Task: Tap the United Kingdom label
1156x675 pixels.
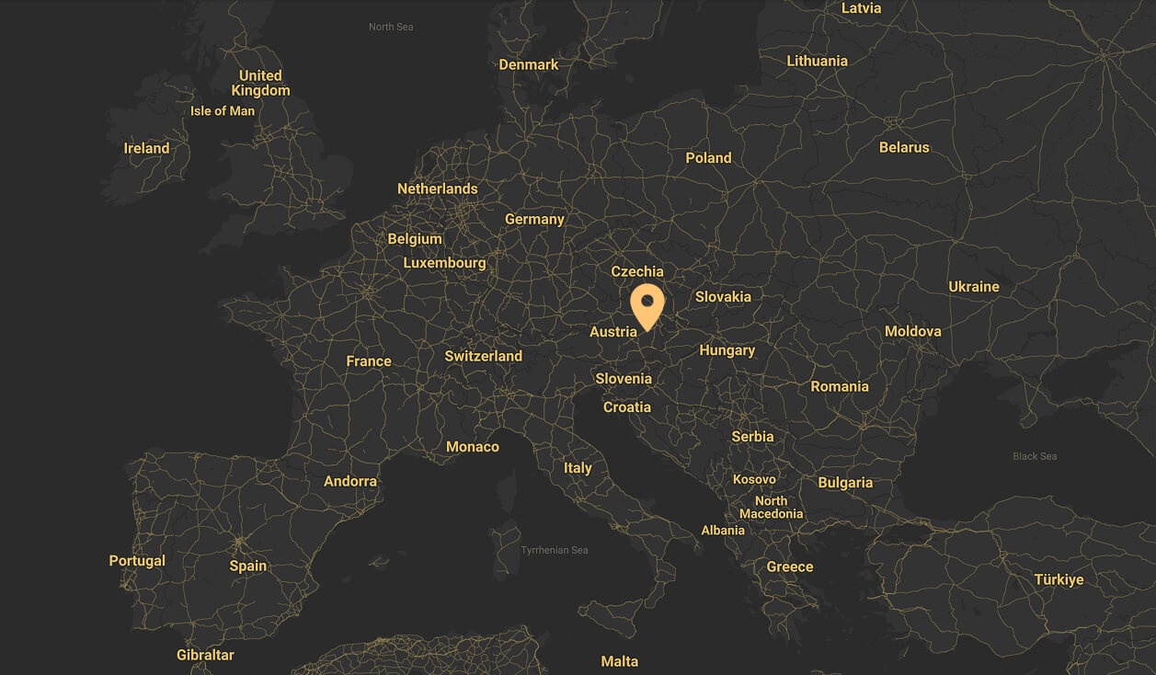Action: point(260,83)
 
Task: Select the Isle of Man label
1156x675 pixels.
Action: point(223,111)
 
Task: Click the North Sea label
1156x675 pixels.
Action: point(391,27)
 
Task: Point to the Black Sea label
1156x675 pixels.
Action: point(1035,456)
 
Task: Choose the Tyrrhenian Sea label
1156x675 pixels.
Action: point(554,550)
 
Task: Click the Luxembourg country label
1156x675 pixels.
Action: point(444,263)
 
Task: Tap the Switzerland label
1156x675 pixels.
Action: point(483,356)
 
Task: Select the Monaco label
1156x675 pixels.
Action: point(473,447)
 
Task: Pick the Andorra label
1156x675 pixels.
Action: point(350,481)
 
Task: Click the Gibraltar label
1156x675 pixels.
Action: point(205,655)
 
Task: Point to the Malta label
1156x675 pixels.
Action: point(619,661)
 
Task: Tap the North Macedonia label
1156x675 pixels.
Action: point(771,508)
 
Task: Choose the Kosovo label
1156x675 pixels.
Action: point(754,479)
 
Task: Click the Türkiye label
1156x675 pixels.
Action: point(1059,579)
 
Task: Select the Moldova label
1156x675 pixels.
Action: point(912,331)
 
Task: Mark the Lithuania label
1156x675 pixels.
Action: point(817,61)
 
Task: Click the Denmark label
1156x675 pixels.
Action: point(529,64)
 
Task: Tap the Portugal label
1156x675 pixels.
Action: point(137,561)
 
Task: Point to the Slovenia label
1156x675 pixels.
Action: point(624,379)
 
